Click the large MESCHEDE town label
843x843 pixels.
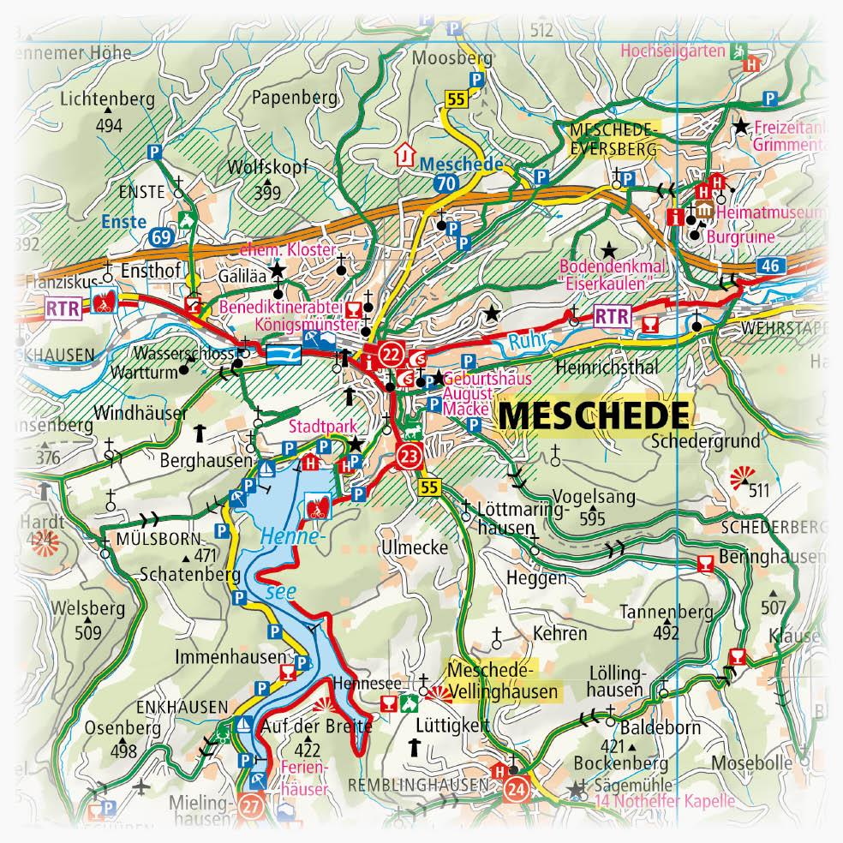tap(593, 416)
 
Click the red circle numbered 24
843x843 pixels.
tap(515, 786)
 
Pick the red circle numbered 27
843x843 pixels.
tap(250, 805)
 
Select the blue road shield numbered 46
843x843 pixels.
tap(769, 266)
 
